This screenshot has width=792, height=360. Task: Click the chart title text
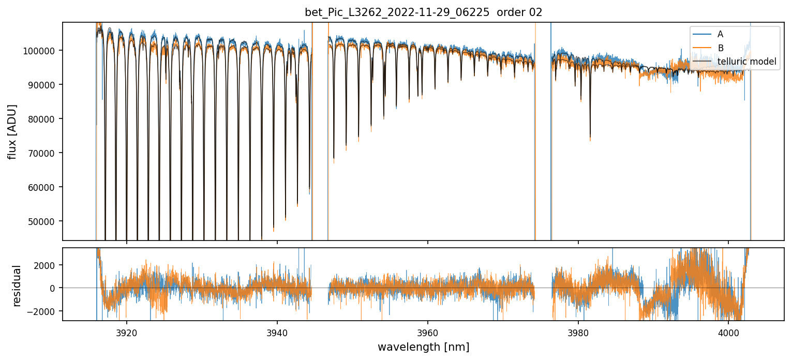point(423,12)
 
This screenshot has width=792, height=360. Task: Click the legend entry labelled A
point(720,35)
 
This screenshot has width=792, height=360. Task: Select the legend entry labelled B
point(720,48)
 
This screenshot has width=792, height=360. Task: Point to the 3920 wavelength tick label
point(127,331)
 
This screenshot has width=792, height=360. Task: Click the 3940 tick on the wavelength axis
point(277,331)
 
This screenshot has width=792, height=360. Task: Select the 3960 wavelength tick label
point(428,331)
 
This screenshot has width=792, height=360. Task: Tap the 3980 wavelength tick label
point(578,331)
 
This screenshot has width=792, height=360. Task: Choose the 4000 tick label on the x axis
point(728,331)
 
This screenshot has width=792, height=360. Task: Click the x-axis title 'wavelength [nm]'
point(423,347)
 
